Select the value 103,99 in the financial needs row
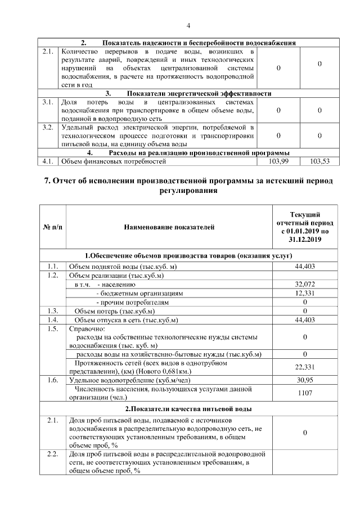pyautogui.click(x=279, y=161)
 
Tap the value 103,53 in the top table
pyautogui.click(x=319, y=161)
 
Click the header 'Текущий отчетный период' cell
pyautogui.click(x=305, y=227)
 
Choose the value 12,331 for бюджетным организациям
pyautogui.click(x=305, y=293)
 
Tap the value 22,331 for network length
pyautogui.click(x=305, y=367)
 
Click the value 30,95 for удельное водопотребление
pyautogui.click(x=305, y=380)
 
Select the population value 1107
pyautogui.click(x=305, y=393)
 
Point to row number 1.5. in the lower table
pyautogui.click(x=53, y=329)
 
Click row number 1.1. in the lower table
pyautogui.click(x=53, y=266)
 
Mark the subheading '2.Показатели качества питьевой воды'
pyautogui.click(x=188, y=408)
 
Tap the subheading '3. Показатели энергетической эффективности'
pyautogui.click(x=188, y=93)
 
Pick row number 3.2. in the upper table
pyautogui.click(x=48, y=128)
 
